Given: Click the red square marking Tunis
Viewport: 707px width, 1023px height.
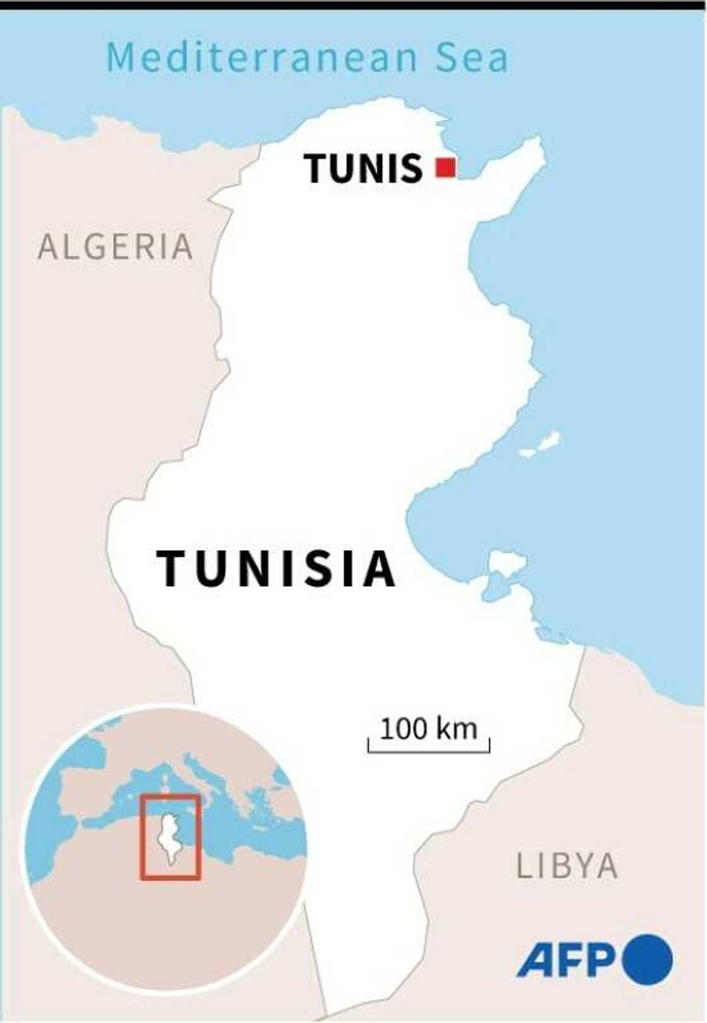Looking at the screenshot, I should tap(446, 168).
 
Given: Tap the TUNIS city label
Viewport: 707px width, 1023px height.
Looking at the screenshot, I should tap(363, 169).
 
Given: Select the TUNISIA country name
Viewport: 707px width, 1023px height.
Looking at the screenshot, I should tap(276, 568).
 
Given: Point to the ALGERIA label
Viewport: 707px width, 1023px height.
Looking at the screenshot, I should tap(116, 246).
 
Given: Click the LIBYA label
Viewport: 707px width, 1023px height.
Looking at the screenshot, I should tap(567, 866).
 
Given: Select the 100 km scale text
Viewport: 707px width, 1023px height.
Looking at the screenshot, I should tap(428, 729).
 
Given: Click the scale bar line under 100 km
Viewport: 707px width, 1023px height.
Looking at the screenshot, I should tap(429, 751).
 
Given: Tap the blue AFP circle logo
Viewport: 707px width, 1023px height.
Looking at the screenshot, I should tap(647, 959).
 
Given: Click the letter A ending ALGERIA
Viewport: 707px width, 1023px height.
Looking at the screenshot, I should tap(182, 246).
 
